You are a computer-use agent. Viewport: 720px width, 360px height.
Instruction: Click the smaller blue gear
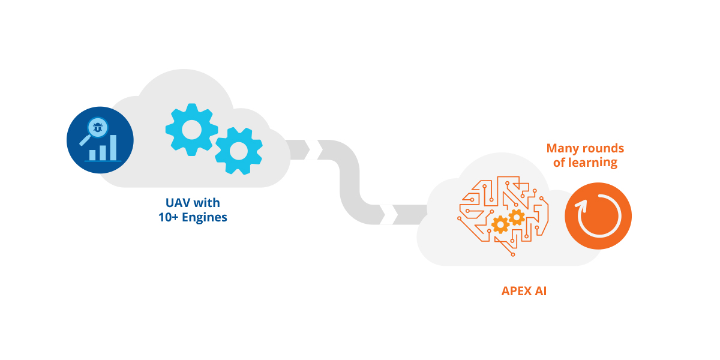pyautogui.click(x=239, y=151)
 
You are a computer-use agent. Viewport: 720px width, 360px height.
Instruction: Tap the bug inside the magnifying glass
pyautogui.click(x=97, y=127)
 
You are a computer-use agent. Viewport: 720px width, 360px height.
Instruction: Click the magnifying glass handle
pyautogui.click(x=85, y=142)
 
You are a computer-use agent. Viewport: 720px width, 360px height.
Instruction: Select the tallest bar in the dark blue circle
pyautogui.click(x=113, y=147)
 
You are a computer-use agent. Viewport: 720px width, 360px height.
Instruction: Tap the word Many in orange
pyautogui.click(x=563, y=148)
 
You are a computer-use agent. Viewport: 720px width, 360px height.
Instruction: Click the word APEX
pyautogui.click(x=517, y=292)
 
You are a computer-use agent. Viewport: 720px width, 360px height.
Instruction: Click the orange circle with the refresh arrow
pyautogui.click(x=598, y=217)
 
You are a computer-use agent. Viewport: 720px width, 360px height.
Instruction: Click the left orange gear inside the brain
pyautogui.click(x=500, y=224)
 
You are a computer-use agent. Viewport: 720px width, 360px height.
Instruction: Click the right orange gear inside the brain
pyautogui.click(x=516, y=217)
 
